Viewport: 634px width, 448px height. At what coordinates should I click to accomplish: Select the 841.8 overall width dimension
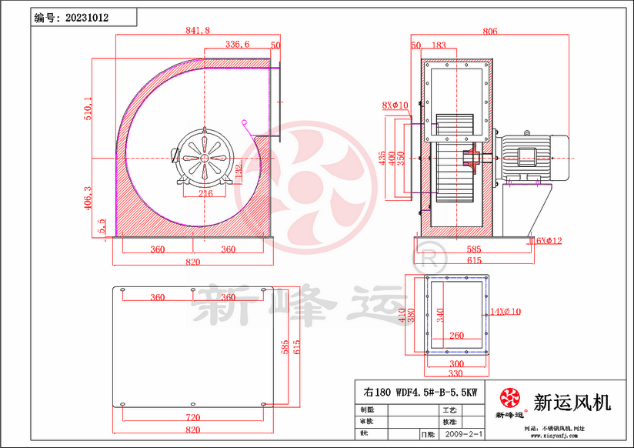tap(198, 31)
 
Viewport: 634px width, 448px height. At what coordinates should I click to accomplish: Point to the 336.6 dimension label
tap(237, 45)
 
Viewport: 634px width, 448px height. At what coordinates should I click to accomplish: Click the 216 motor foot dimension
tap(205, 194)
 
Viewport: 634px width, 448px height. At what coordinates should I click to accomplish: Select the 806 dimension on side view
tap(489, 32)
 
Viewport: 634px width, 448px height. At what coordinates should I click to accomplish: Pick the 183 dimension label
tap(439, 46)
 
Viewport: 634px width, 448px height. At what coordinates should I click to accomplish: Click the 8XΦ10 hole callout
tap(395, 105)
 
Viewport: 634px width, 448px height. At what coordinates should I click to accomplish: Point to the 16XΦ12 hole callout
tap(545, 241)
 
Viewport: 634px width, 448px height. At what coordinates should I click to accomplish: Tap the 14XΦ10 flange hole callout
tap(506, 312)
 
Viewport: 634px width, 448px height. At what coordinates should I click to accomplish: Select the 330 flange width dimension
tap(456, 374)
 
